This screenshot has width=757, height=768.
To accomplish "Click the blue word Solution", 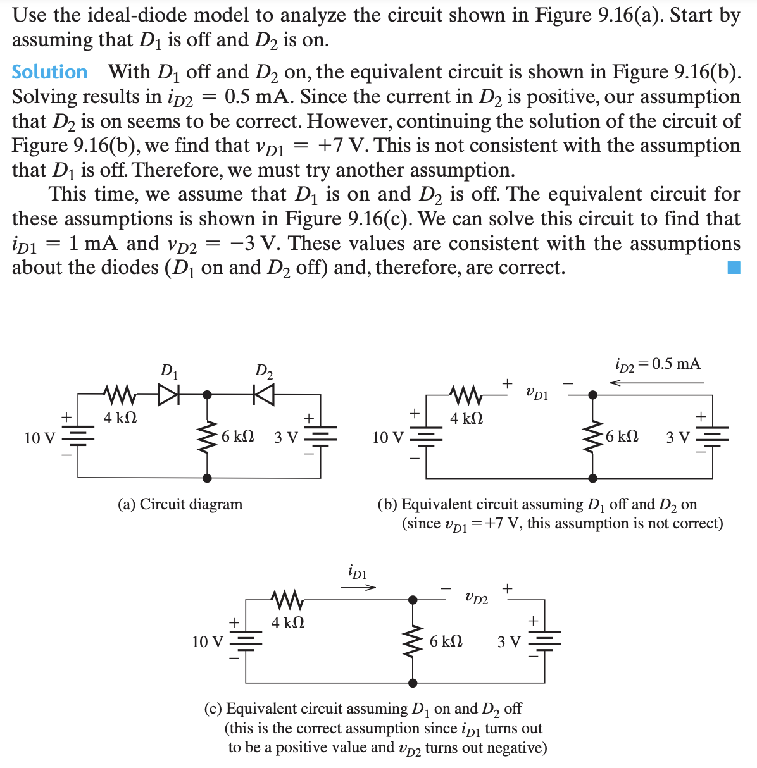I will [x=49, y=72].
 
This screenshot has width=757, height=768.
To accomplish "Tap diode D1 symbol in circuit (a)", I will [x=169, y=395].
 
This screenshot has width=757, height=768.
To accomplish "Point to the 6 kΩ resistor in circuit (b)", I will [x=593, y=436].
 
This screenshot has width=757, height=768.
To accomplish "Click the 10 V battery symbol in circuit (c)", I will [x=246, y=641].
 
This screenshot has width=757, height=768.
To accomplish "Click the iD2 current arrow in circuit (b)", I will [x=656, y=382].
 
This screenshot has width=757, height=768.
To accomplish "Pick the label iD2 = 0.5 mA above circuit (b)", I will [x=658, y=364].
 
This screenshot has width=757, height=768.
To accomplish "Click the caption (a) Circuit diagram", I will [x=180, y=504].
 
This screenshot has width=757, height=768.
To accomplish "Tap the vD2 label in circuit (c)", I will [x=476, y=597].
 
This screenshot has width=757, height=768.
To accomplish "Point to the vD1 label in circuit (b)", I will [x=537, y=393].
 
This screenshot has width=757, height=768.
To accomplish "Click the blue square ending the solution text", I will [x=733, y=268].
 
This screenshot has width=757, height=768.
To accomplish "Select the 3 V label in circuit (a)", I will [x=285, y=437].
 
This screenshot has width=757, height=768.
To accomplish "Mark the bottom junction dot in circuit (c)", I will [x=413, y=683].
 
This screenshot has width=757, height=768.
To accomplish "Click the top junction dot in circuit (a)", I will [x=206, y=395].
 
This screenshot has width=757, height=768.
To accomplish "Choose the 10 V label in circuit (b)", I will [x=388, y=437].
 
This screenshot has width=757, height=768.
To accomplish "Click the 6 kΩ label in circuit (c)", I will [x=446, y=641].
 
